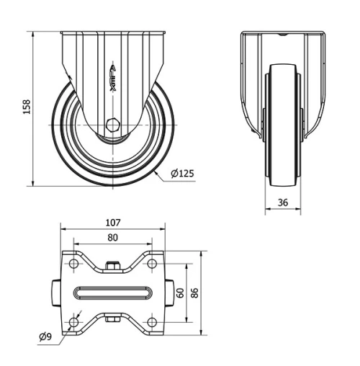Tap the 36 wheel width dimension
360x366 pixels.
[282, 203]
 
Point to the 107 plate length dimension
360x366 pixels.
[113, 223]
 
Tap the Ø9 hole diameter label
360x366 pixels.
[44, 336]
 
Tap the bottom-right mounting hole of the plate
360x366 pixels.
[151, 321]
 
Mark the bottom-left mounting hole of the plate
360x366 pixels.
[73, 321]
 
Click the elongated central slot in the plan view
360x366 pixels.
[112, 293]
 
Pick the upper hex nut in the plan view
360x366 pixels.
[112, 268]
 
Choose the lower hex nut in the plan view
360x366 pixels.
[112, 318]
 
